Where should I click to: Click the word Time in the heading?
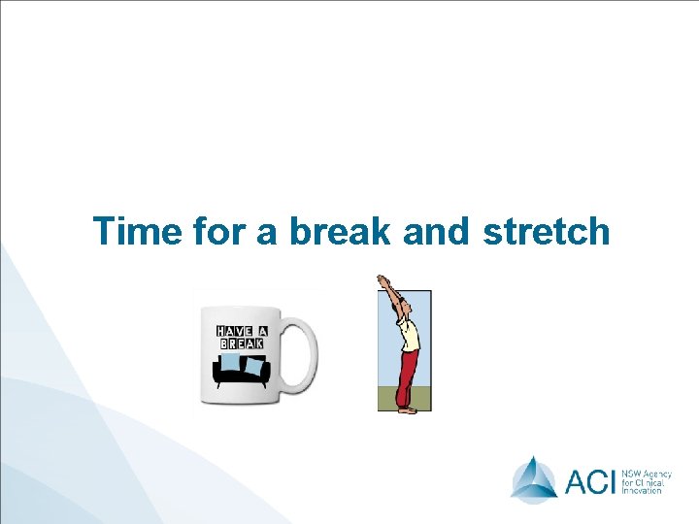click(x=136, y=232)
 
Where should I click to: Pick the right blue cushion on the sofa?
click(x=255, y=366)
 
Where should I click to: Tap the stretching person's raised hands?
click(x=383, y=280)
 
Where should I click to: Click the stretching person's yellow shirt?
click(x=411, y=335)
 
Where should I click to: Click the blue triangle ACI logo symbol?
click(x=534, y=477)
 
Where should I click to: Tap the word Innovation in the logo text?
click(x=642, y=490)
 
